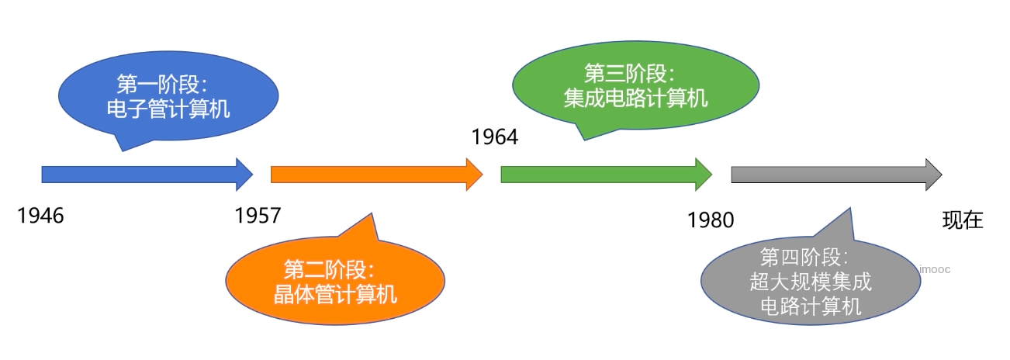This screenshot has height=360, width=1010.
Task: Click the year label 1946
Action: point(40,216)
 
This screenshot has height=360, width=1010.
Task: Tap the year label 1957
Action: point(258,216)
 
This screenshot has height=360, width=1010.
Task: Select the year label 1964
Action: point(494,137)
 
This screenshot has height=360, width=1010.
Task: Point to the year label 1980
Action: point(711,221)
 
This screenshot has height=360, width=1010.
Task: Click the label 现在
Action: point(963,221)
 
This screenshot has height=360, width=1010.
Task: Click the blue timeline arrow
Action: point(140,174)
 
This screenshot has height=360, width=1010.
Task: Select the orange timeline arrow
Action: point(369,174)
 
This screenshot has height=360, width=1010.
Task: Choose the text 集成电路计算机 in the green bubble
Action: point(635,99)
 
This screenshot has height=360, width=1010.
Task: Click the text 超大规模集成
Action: point(811,282)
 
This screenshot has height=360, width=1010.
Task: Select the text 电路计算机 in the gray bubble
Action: point(811,306)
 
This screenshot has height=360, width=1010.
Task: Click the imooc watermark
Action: point(934,269)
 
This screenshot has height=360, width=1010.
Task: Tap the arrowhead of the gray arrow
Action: point(932,174)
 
